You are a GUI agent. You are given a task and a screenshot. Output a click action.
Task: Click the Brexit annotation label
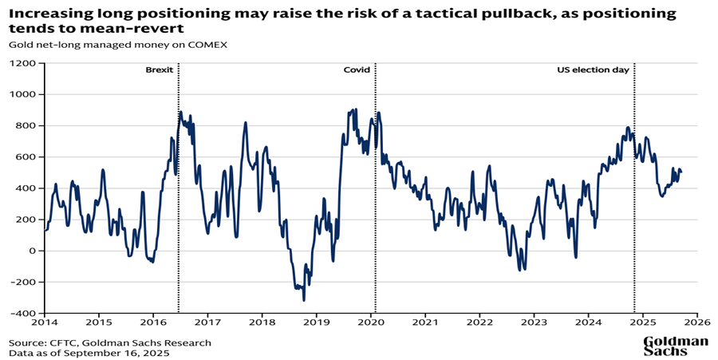(x=159, y=70)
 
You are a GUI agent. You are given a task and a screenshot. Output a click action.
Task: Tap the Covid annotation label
(x=357, y=70)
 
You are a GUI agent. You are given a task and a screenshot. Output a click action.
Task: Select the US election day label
(x=593, y=70)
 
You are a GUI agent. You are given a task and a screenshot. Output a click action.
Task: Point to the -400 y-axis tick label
(x=24, y=314)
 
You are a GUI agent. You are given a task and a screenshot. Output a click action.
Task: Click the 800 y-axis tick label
(x=27, y=125)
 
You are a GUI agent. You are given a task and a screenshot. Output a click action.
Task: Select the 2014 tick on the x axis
(x=44, y=323)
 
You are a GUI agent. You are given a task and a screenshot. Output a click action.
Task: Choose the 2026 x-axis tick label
(x=696, y=323)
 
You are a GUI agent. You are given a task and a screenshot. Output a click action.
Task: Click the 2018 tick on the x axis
(x=262, y=323)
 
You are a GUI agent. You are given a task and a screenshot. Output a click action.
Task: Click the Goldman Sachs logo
(x=676, y=346)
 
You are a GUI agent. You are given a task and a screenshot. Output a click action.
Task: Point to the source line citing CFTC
(x=110, y=342)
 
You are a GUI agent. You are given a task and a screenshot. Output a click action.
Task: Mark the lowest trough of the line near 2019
(x=304, y=300)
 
